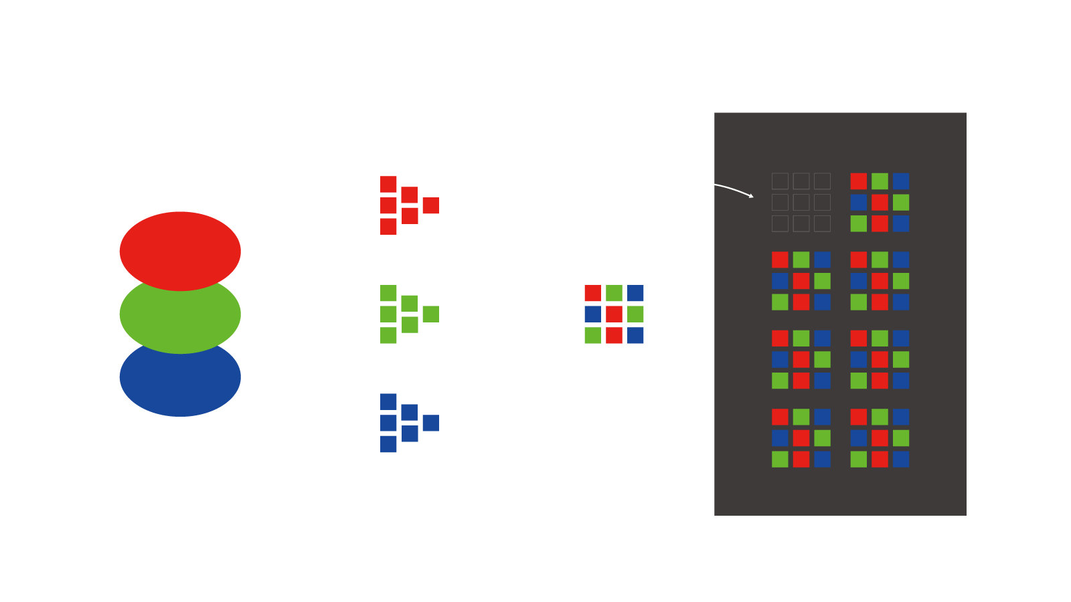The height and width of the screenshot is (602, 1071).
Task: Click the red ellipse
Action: tap(180, 247)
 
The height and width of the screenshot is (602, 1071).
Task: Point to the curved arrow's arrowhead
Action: tap(751, 196)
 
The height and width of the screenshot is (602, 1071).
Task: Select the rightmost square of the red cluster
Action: tap(430, 205)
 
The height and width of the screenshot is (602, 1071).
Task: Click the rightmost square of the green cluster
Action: tap(430, 314)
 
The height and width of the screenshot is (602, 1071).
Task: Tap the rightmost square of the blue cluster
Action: tap(430, 423)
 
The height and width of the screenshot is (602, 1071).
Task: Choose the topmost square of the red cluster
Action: tap(388, 184)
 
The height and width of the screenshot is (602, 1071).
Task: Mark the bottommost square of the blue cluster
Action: tap(388, 444)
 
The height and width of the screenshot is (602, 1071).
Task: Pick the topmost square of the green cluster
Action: tap(388, 293)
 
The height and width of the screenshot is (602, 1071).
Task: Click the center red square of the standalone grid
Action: tap(614, 314)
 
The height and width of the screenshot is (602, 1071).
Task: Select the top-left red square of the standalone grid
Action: tap(592, 293)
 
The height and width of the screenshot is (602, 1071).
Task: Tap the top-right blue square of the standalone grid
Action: tap(635, 293)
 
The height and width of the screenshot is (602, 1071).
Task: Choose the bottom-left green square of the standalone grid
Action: tap(592, 335)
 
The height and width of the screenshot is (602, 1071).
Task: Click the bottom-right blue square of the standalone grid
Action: tap(635, 335)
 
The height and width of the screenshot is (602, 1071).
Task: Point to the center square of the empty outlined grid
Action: tap(801, 202)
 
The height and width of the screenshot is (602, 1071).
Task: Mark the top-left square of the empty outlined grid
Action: tap(780, 181)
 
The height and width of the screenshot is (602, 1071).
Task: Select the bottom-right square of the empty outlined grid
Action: tap(822, 223)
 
